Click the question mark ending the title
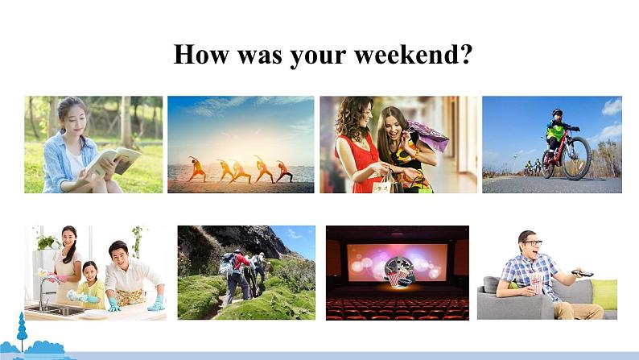tap(465, 54)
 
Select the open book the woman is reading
tap(113, 161)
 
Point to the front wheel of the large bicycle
tap(576, 158)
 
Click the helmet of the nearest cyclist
tap(557, 112)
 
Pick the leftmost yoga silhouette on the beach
tap(197, 169)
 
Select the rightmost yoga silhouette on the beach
tap(283, 172)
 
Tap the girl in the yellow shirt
tap(90, 284)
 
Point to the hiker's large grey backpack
tap(227, 264)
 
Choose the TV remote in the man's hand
tap(582, 273)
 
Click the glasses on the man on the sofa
tap(533, 243)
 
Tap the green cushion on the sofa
tap(604, 294)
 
